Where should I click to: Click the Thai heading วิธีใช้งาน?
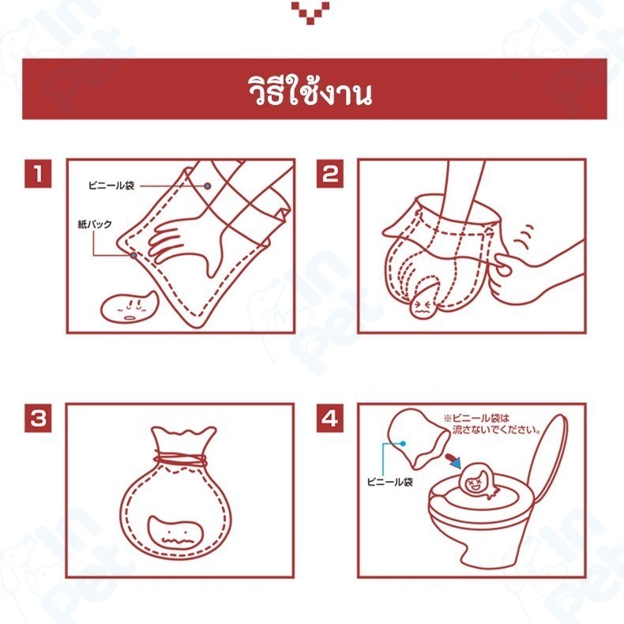click(x=310, y=91)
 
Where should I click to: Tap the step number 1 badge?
click(x=38, y=174)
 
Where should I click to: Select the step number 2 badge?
click(x=330, y=174)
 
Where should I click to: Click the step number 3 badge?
click(x=38, y=418)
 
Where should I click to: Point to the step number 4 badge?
click(x=330, y=418)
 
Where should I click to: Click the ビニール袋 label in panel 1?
click(x=111, y=186)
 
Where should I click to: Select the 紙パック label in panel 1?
click(x=95, y=224)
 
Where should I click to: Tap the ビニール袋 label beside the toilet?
click(x=390, y=482)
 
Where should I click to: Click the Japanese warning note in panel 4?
click(x=492, y=424)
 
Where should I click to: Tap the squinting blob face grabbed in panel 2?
click(x=424, y=303)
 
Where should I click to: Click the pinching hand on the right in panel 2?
click(x=533, y=275)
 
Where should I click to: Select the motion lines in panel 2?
click(x=524, y=236)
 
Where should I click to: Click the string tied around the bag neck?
click(x=181, y=460)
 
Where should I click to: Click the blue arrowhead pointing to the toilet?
click(x=456, y=463)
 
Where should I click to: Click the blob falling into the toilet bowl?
click(x=479, y=480)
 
